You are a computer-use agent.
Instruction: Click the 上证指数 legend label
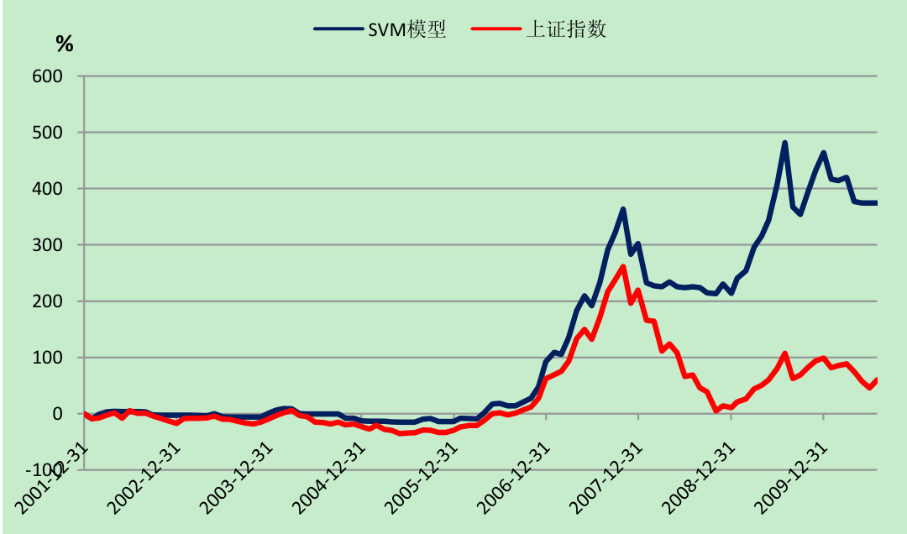(565, 29)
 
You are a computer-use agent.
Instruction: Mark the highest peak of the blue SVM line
(785, 143)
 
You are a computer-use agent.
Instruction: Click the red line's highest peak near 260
(623, 267)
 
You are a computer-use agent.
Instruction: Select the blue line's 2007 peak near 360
(623, 209)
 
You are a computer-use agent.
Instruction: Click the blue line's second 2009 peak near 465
(824, 153)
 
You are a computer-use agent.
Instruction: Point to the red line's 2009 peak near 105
(785, 353)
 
